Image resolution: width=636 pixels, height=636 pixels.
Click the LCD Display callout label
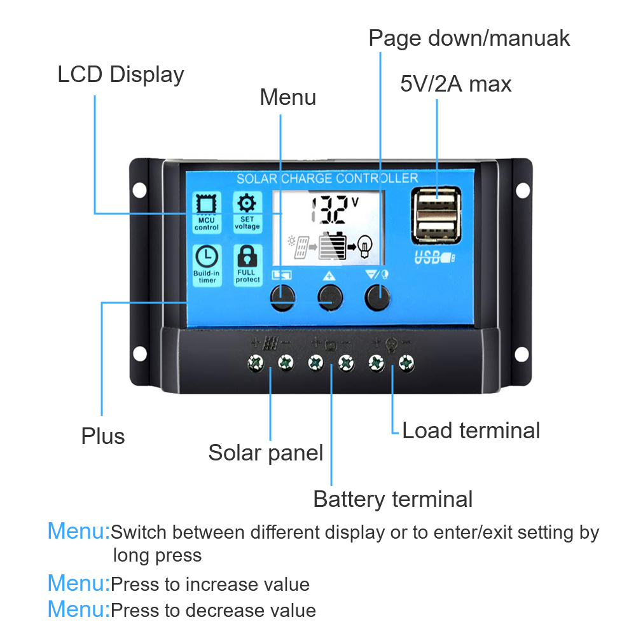tap(120, 74)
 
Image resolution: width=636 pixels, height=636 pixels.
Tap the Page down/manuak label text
tap(469, 38)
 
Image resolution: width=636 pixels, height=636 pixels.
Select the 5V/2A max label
tap(455, 84)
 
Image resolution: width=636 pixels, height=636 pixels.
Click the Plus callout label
tap(102, 436)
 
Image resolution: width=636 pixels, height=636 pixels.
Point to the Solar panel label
tap(265, 453)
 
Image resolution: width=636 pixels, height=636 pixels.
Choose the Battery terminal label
tap(392, 499)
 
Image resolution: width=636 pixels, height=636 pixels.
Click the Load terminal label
tap(471, 431)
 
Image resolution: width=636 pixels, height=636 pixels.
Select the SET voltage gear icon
tap(247, 204)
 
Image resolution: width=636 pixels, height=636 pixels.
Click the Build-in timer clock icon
tap(207, 257)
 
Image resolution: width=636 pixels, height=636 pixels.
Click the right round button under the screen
tap(377, 297)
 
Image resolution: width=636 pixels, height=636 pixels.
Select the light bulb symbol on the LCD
tap(364, 244)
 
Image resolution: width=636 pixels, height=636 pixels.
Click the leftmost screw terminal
tap(256, 363)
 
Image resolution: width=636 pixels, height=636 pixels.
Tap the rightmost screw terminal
tap(406, 363)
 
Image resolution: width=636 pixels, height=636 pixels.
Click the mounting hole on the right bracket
tap(522, 190)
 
